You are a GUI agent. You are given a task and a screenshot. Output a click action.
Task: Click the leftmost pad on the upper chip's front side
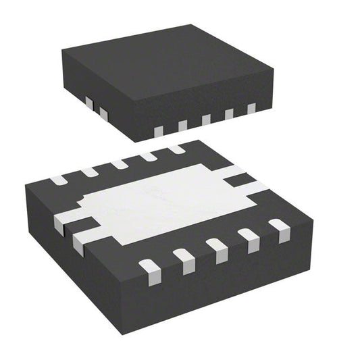pos(159,129)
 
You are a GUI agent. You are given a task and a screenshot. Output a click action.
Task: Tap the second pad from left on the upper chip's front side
pos(182,125)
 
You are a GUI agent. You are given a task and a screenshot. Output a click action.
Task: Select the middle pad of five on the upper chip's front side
pos(206,120)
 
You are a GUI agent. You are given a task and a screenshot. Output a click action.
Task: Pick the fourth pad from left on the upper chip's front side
pos(229,114)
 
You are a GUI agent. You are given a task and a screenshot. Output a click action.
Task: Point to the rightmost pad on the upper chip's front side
pos(251,108)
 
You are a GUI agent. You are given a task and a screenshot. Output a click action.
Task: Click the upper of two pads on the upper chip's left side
pos(88,102)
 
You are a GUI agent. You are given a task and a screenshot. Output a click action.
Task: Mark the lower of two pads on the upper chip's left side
pos(103,111)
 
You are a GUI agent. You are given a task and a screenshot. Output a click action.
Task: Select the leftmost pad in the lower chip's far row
pos(58,180)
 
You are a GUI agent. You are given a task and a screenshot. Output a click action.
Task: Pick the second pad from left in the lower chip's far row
pos(89,172)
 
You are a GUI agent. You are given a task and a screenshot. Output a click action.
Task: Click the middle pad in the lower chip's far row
pos(120,164)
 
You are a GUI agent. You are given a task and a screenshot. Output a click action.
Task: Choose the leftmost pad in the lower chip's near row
pos(149,268)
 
